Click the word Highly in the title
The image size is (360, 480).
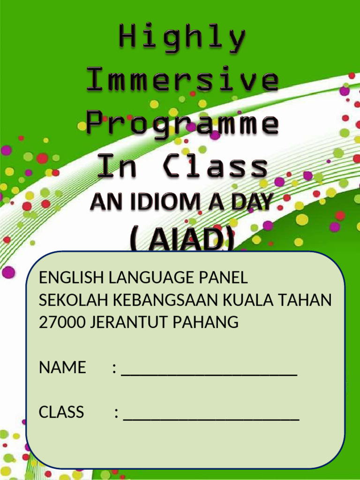[x=182, y=38]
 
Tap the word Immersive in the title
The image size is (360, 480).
[x=182, y=80]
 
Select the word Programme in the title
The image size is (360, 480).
[x=182, y=124]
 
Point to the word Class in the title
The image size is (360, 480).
[x=216, y=166]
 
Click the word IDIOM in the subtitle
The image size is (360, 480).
[x=162, y=202]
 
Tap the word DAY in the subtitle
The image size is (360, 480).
[x=250, y=202]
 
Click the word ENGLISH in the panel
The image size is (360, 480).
[x=72, y=278]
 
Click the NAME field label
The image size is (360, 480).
[x=62, y=367]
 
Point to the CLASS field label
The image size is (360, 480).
[x=61, y=412]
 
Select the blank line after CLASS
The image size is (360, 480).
[x=211, y=418]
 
